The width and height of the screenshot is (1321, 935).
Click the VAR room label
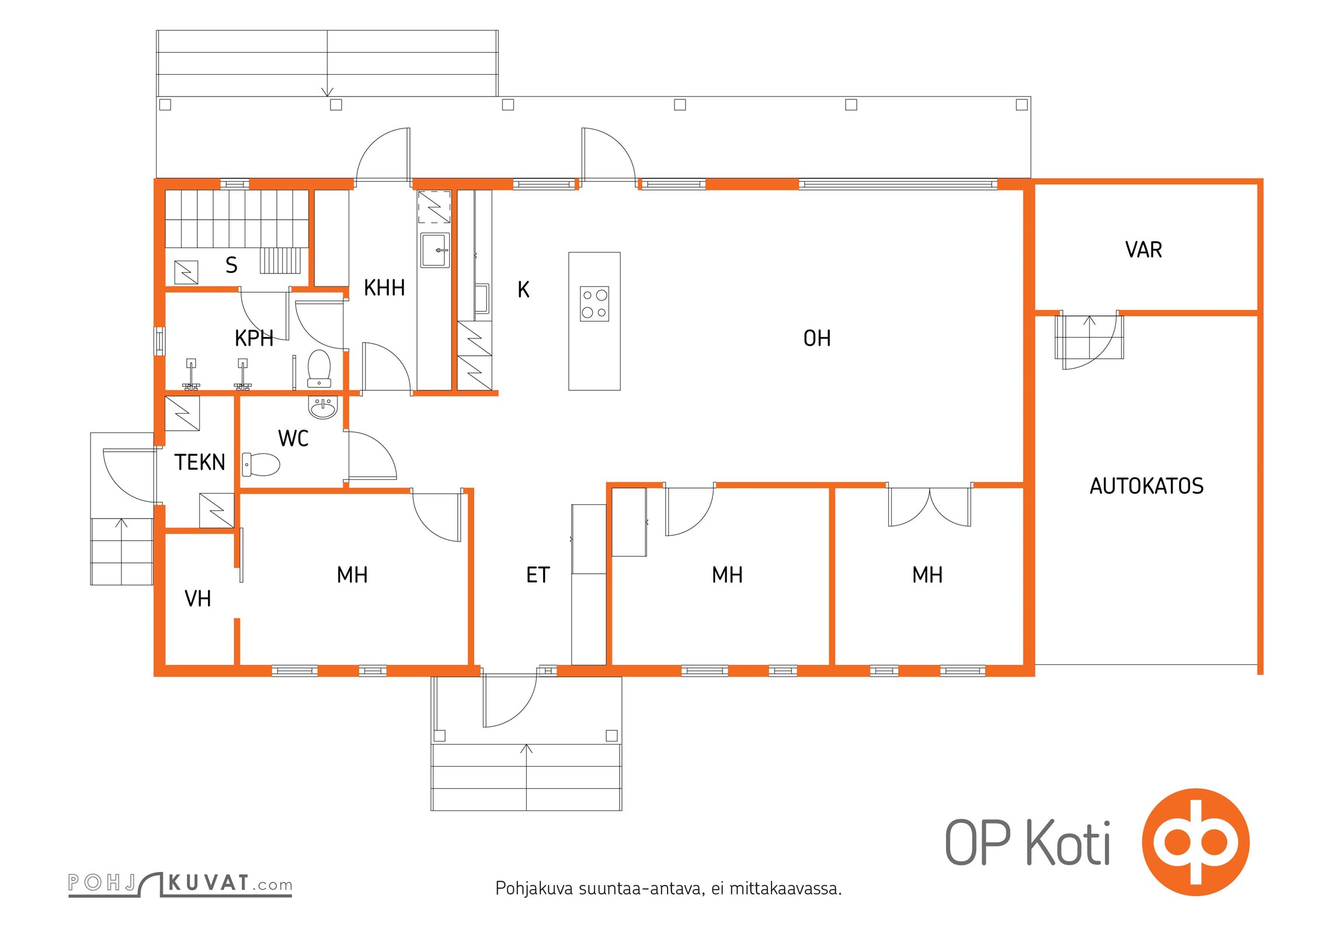1143,250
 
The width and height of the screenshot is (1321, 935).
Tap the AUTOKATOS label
1146,486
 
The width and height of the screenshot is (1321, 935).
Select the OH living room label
817,338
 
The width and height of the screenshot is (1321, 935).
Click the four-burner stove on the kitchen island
595,304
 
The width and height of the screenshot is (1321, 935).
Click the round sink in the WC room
323,408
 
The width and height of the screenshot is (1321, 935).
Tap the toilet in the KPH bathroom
319,369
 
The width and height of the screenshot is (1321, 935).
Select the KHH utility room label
384,288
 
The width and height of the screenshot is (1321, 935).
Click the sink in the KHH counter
436,250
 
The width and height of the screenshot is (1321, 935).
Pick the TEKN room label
200,462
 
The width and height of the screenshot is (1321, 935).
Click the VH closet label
197,598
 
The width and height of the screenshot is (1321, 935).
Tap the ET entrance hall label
538,575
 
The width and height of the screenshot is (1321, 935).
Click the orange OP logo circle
1196,842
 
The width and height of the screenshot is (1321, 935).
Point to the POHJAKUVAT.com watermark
180,884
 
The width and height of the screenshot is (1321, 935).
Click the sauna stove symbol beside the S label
186,272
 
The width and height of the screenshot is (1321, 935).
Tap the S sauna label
231,265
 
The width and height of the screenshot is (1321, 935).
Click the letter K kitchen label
523,290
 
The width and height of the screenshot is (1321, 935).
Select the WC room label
293,438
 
